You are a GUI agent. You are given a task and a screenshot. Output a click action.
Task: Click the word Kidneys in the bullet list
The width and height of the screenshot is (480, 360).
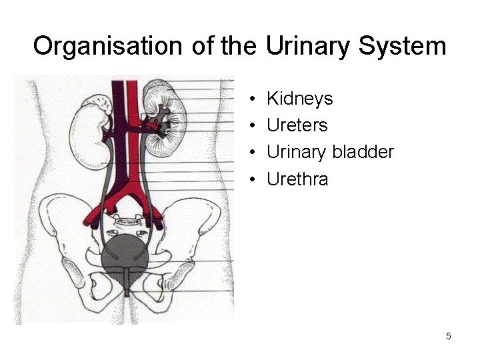pos(299,99)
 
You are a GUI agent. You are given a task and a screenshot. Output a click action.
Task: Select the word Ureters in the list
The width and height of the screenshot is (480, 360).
pos(297,125)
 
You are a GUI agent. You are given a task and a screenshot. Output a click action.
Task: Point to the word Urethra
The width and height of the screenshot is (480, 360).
pos(297,179)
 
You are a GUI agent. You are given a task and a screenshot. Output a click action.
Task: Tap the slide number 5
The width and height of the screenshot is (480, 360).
pos(449,336)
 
